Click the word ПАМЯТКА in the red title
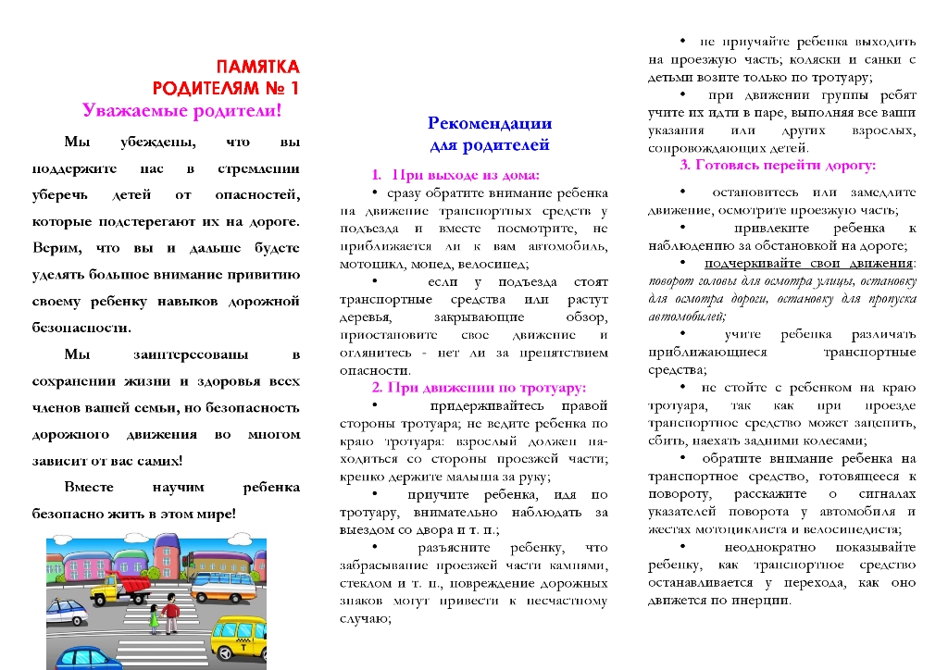point(257,68)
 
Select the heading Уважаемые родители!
point(181,110)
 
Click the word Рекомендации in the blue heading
point(490,123)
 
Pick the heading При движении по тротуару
point(479,387)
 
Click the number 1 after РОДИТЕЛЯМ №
point(293,89)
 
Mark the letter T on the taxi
point(243,648)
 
